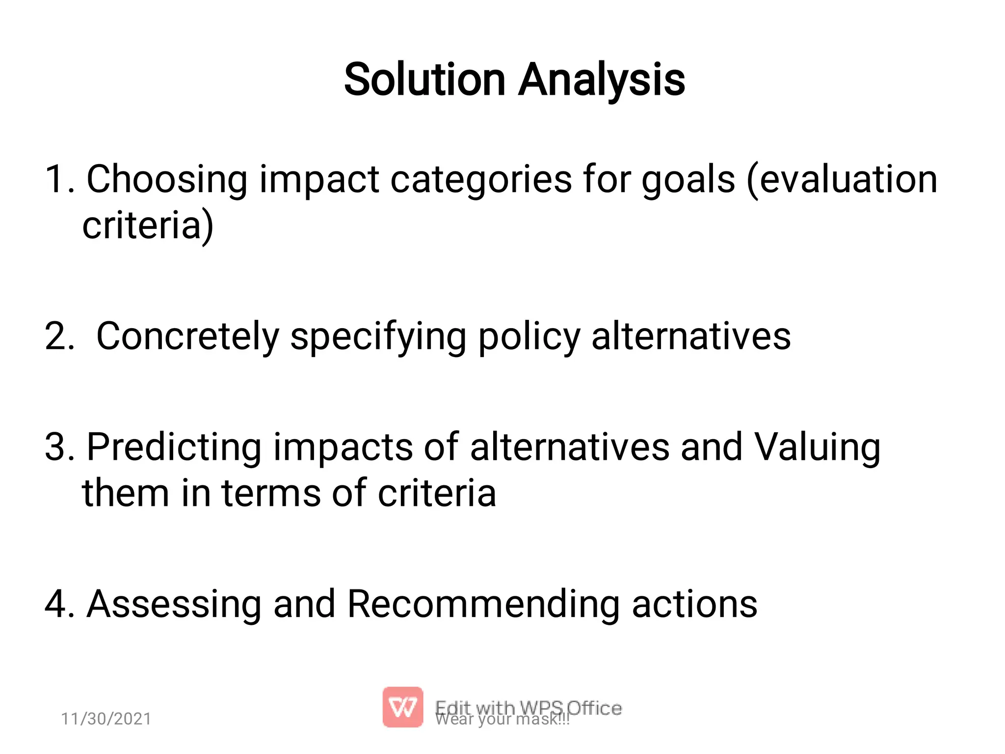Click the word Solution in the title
[424, 80]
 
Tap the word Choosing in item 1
[167, 180]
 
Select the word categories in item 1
[481, 180]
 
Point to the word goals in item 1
[688, 180]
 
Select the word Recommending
[483, 604]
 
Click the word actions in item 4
[694, 604]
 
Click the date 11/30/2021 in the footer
[106, 719]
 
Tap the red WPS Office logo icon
[402, 707]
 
